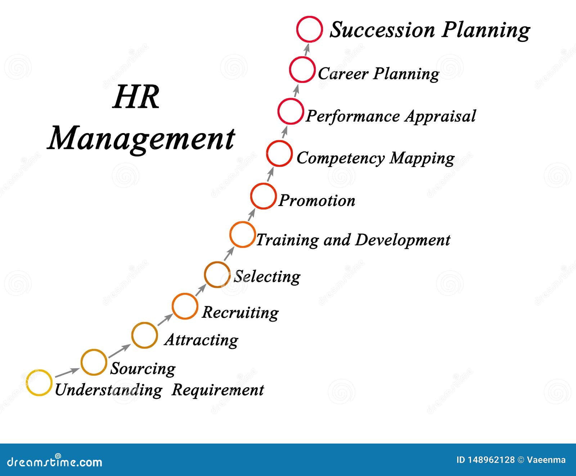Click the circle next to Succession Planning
pyautogui.click(x=310, y=29)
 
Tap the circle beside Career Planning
pyautogui.click(x=302, y=70)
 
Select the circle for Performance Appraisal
pyautogui.click(x=291, y=111)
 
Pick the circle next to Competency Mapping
pyautogui.click(x=279, y=153)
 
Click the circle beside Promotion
pyautogui.click(x=263, y=196)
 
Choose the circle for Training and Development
pyautogui.click(x=242, y=235)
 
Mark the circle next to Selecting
pyautogui.click(x=217, y=274)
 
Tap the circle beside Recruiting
pyautogui.click(x=185, y=307)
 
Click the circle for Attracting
pyautogui.click(x=144, y=335)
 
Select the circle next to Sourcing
pyautogui.click(x=94, y=362)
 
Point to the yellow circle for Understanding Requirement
pyautogui.click(x=39, y=383)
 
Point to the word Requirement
pyautogui.click(x=218, y=390)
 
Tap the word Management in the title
pyautogui.click(x=141, y=139)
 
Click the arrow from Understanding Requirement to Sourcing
pyautogui.click(x=67, y=371)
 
